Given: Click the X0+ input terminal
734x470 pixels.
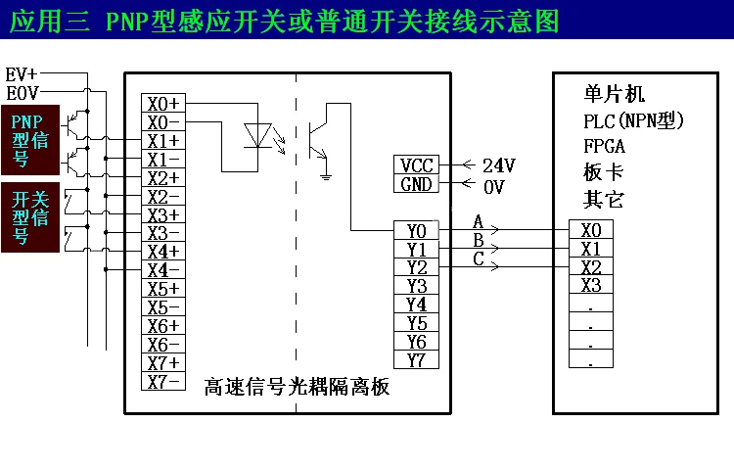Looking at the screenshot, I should tap(162, 104).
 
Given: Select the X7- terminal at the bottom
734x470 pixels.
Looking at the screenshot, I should tap(162, 382).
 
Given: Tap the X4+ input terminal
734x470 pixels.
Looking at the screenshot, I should tap(162, 252).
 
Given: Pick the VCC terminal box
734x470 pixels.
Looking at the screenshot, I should tap(417, 165).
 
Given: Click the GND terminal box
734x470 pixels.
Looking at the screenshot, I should tap(417, 184).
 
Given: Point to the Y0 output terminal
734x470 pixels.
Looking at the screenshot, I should tap(416, 231).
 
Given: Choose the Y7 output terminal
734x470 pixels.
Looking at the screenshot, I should tap(416, 360).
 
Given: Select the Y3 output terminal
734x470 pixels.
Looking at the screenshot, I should tap(416, 286).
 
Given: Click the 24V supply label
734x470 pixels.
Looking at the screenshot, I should tap(498, 165).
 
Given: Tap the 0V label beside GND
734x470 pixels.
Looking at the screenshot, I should tap(494, 186).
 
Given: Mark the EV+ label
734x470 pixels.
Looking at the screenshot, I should tap(22, 74).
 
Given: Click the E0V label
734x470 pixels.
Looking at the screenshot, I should tap(23, 93).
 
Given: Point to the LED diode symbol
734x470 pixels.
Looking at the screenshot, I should tap(257, 135).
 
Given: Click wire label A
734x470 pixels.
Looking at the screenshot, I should tap(478, 220).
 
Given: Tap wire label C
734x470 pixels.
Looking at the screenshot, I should tap(478, 258).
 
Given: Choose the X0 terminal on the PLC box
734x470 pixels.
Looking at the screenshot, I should tap(590, 230).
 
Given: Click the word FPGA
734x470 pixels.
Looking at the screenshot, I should tap(604, 147).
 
